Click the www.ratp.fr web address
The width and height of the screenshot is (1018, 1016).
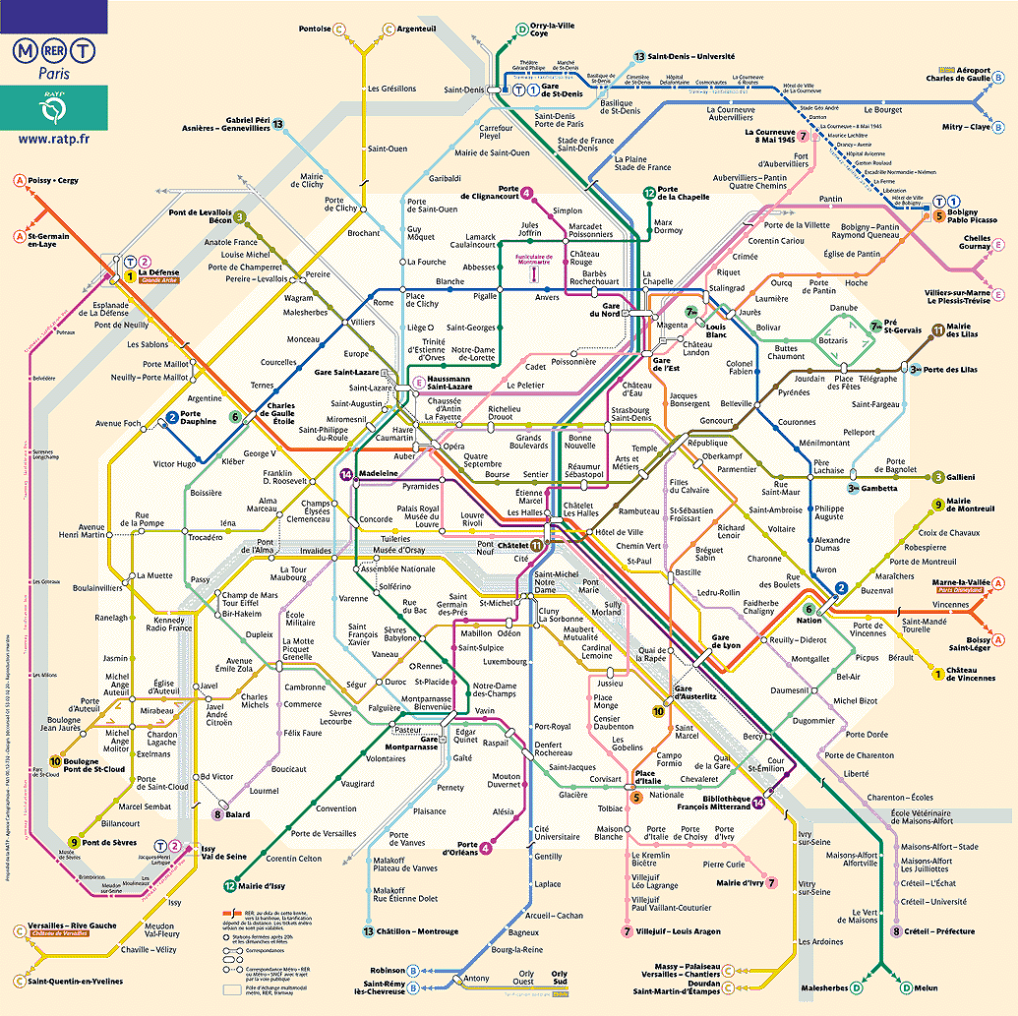[x=53, y=140]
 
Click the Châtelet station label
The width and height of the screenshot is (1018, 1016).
[x=511, y=544]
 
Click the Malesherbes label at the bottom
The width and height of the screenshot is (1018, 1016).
[x=823, y=986]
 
